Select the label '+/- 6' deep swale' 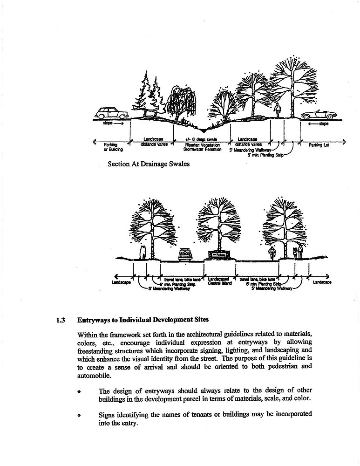pos(202,139)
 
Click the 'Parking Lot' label pos(319,145)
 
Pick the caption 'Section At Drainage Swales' pos(149,164)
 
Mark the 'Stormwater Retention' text pos(202,150)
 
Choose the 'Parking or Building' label pos(113,147)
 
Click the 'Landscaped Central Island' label pos(219,281)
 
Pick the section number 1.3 pos(60,320)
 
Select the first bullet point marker pos(80,391)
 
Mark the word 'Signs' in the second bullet pos(107,414)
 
